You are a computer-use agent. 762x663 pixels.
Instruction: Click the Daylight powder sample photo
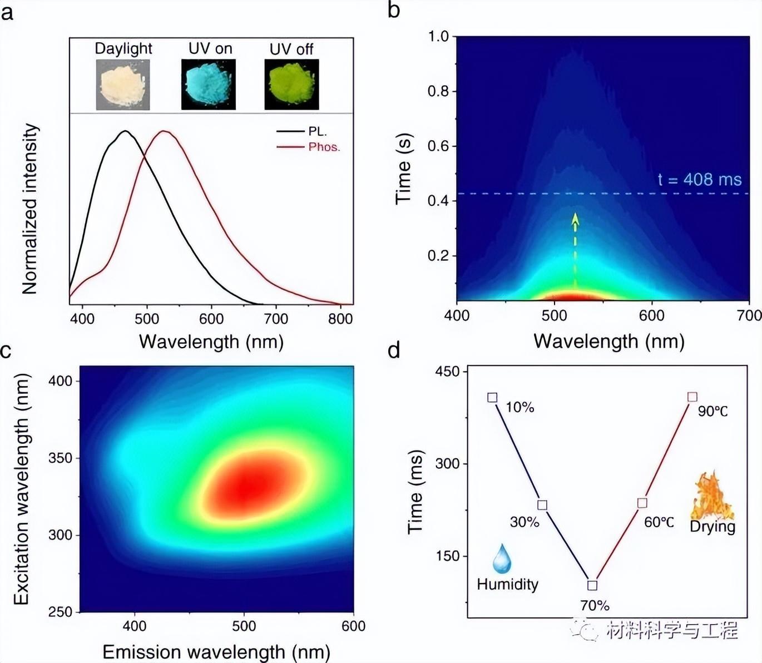123,85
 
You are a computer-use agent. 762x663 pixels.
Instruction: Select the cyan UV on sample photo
209,85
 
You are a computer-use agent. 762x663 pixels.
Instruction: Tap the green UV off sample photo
291,85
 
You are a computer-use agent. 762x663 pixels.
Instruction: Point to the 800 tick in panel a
340,319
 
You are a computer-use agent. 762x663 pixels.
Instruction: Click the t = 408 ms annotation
700,180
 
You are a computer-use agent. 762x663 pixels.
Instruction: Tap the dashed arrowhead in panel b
575,219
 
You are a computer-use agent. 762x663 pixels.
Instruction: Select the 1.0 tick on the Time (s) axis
438,37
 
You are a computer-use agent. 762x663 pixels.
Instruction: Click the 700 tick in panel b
749,315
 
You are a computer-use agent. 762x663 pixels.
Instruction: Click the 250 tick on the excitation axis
61,612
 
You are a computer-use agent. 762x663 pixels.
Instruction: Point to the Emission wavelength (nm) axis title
216,652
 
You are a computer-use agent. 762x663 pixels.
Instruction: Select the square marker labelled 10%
492,397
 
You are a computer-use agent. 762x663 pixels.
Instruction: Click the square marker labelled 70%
592,585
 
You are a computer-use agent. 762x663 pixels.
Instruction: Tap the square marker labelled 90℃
692,397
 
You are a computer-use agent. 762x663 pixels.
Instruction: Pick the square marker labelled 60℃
642,503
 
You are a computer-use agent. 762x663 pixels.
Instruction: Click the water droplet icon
502,559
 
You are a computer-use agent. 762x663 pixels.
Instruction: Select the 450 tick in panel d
448,372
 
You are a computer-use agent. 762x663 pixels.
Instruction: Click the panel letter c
6,352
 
